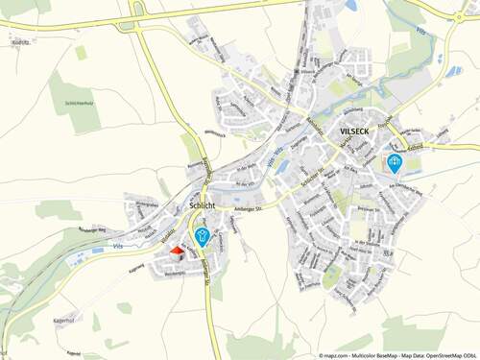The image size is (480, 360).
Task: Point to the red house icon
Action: pos(176,251)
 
